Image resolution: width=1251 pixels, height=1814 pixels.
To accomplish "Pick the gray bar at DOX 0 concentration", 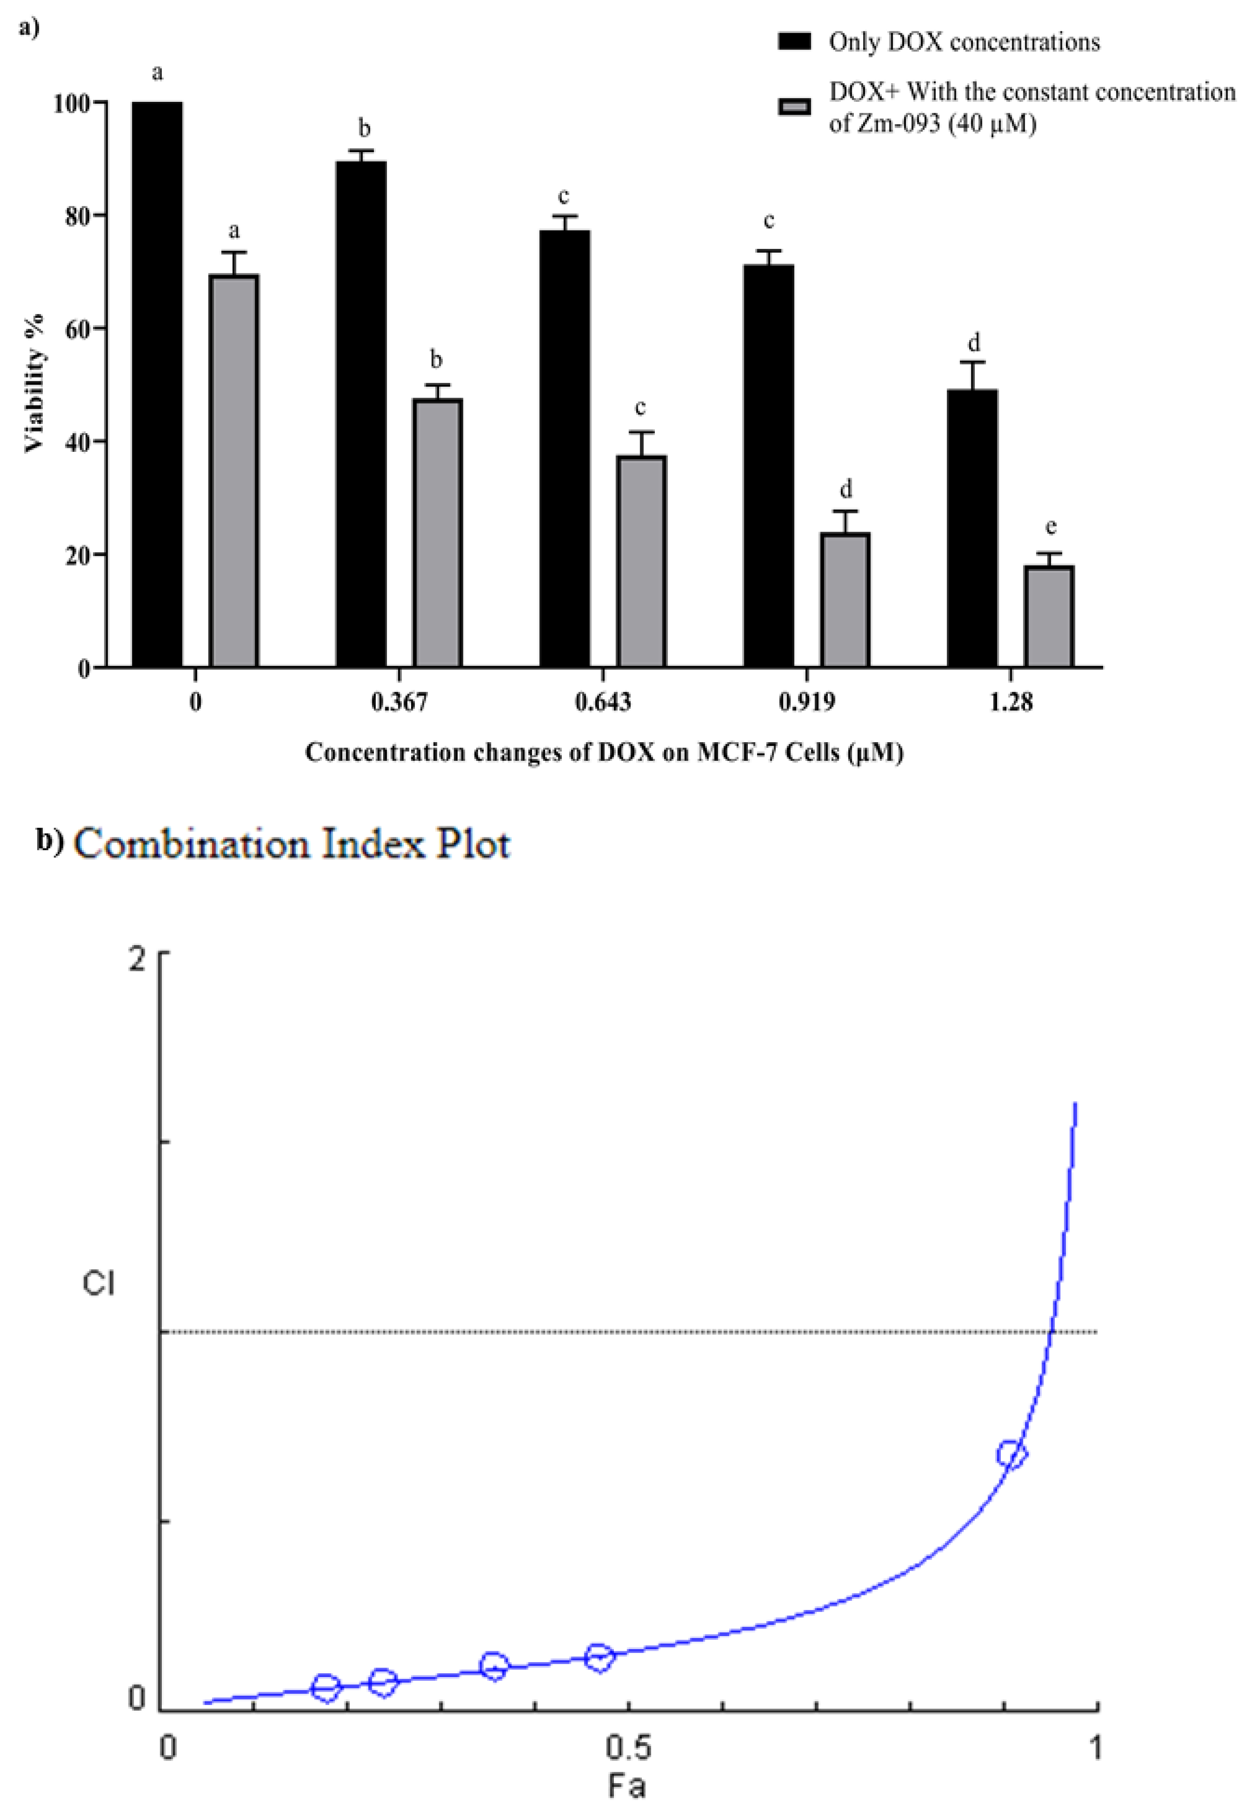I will (234, 470).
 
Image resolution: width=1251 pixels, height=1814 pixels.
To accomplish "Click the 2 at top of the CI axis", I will (139, 959).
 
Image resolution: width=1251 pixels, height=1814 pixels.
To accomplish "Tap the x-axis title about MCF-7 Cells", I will (604, 753).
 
